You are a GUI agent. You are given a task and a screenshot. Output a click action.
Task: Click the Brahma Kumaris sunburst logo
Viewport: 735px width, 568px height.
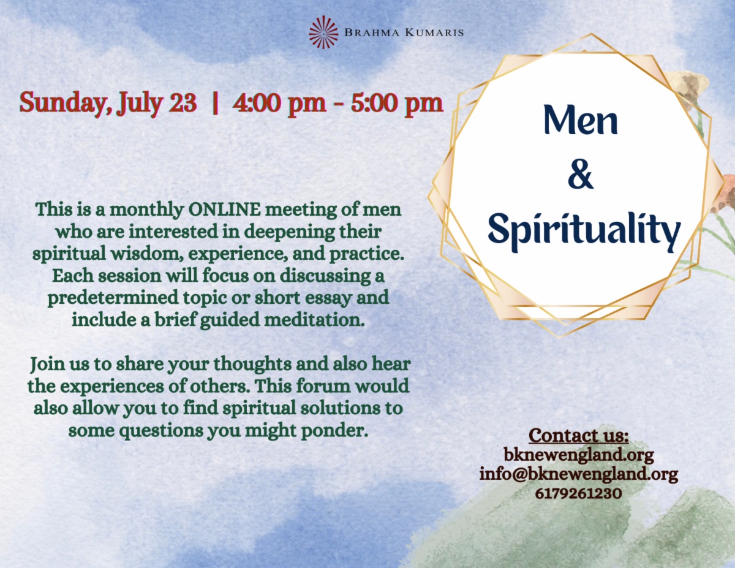click(x=323, y=32)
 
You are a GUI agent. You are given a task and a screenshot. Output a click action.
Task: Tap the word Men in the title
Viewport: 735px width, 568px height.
click(x=581, y=120)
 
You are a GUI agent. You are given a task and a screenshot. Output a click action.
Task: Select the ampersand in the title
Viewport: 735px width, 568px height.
click(x=581, y=176)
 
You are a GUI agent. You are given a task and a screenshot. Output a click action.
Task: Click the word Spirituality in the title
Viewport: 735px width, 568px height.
click(x=584, y=230)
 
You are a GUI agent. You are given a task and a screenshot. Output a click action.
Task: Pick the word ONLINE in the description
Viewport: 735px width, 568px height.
click(x=225, y=210)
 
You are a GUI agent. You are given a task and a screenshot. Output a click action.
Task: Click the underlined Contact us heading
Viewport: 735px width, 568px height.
click(x=579, y=436)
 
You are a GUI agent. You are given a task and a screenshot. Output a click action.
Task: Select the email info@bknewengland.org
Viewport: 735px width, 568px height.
click(x=579, y=474)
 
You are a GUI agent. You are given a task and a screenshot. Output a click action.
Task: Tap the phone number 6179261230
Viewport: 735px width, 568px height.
click(x=578, y=493)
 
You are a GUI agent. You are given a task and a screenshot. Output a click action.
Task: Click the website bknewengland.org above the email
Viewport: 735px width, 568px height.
click(x=579, y=455)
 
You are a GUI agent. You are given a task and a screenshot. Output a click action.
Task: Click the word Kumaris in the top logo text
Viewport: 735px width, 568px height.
click(x=434, y=32)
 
